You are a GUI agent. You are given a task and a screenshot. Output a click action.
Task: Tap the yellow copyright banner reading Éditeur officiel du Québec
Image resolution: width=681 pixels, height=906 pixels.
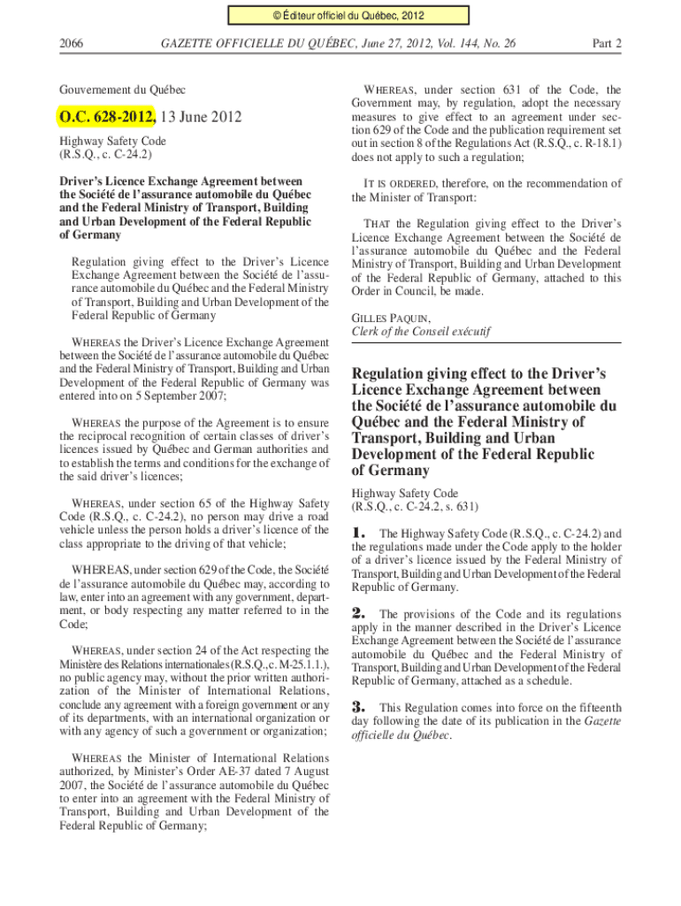click(340, 15)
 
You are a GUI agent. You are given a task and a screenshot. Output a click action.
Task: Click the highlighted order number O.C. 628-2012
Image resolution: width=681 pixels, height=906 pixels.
click(107, 117)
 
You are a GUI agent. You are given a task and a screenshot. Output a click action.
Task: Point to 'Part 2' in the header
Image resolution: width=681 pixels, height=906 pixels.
click(606, 42)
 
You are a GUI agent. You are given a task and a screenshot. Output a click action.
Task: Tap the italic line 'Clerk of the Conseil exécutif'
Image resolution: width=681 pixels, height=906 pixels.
click(420, 332)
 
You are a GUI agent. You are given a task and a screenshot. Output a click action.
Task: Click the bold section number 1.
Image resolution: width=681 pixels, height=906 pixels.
click(359, 534)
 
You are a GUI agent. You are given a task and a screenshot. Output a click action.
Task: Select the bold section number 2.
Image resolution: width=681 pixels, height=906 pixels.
click(359, 613)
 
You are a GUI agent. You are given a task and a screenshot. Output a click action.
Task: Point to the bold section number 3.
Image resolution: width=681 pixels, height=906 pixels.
click(359, 707)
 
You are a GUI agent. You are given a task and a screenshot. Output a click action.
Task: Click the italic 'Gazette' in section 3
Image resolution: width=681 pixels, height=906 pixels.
click(601, 722)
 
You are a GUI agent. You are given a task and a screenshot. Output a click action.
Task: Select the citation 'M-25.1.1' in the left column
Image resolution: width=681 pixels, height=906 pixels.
click(293, 664)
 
